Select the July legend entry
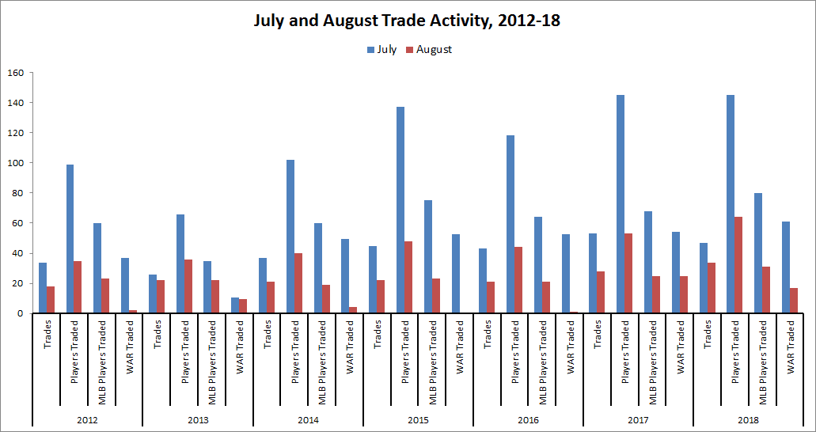(381, 49)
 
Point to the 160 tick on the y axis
(16, 73)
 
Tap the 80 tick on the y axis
(18, 193)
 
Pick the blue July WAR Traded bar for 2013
(235, 305)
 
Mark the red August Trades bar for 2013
(161, 297)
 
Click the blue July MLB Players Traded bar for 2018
(758, 253)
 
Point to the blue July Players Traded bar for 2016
(510, 225)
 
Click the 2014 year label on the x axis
(308, 419)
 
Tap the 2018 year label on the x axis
(748, 419)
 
